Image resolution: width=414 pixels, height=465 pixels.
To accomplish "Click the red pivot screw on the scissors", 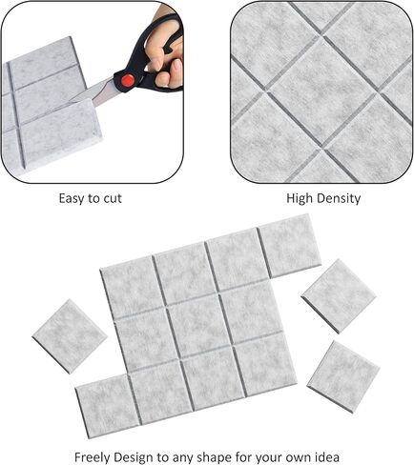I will (x=124, y=81).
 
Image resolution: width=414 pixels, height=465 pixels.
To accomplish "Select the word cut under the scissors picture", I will (x=111, y=198).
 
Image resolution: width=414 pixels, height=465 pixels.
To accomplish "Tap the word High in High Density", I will (x=301, y=198).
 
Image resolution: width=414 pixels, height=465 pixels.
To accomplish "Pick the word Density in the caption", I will (x=340, y=198).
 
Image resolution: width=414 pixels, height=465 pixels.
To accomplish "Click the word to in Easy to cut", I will (x=93, y=198).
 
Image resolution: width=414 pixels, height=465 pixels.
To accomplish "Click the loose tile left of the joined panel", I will (x=70, y=335).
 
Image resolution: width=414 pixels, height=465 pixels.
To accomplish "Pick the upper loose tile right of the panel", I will (x=339, y=294).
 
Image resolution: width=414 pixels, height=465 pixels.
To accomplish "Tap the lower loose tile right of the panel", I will (x=343, y=375).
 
